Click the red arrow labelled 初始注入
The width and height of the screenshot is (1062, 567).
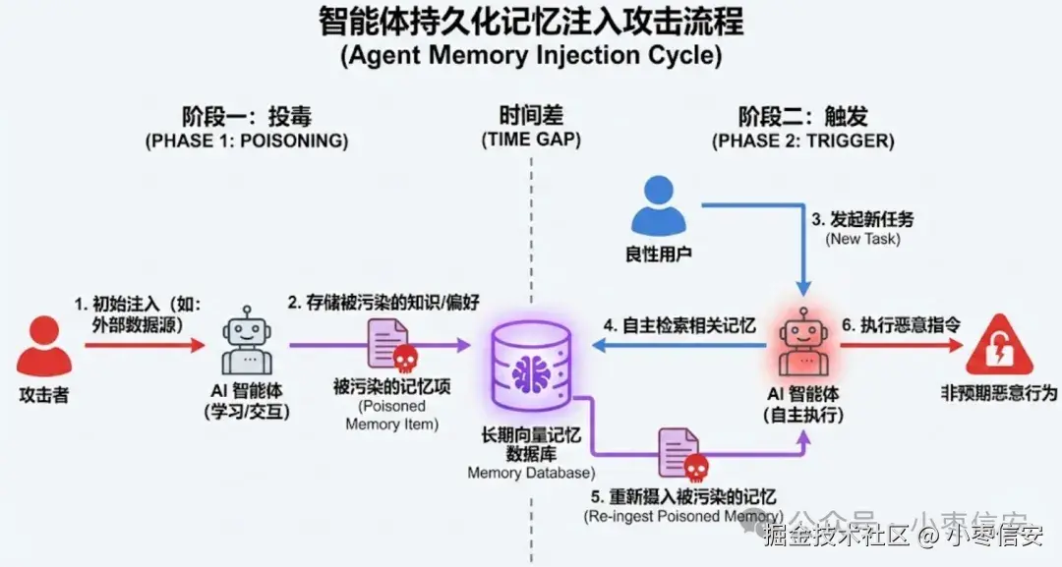144,345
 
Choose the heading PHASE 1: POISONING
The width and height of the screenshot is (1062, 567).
247,141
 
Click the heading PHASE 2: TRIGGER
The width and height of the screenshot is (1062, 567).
803,141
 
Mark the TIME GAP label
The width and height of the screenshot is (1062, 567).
531,141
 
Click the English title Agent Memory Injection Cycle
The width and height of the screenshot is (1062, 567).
531,56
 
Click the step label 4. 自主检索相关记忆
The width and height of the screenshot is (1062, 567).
679,325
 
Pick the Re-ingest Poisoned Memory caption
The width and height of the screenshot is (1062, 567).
684,516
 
